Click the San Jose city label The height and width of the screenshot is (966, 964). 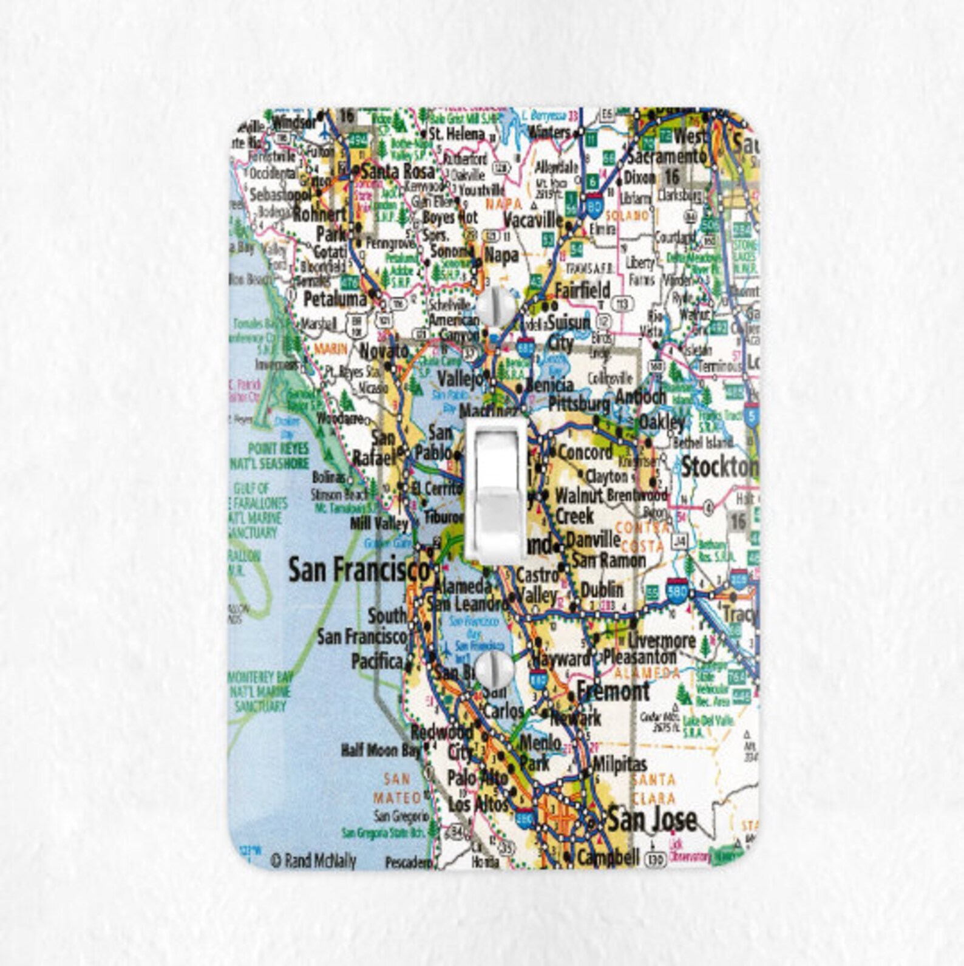[652, 820]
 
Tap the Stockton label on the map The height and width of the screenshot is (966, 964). [719, 468]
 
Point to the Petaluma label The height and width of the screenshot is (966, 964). [335, 299]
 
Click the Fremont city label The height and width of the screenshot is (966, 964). [613, 691]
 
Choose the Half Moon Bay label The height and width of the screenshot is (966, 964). [380, 750]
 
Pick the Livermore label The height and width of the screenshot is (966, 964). [662, 640]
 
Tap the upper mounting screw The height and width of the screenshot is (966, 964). [495, 306]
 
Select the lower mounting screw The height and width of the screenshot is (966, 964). [494, 670]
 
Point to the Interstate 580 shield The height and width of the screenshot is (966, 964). [677, 590]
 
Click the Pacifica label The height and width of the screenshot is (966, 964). [377, 662]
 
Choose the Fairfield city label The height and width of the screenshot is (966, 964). [582, 290]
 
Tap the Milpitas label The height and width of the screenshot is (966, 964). [619, 764]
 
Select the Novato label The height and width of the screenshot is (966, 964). [384, 351]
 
